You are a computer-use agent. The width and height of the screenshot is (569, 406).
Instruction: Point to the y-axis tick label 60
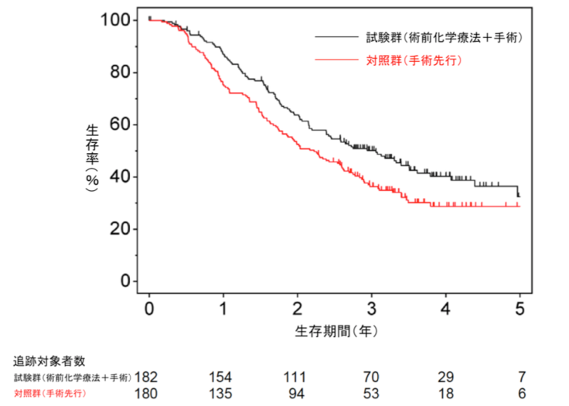coord(121,125)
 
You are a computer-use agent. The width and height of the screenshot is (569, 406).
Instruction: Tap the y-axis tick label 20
coord(121,230)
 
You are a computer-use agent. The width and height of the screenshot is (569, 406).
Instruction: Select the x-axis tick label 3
coord(371,308)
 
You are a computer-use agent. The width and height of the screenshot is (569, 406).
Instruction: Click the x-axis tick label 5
coord(520,308)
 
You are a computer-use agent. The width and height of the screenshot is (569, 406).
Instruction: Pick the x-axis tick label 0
coord(149,308)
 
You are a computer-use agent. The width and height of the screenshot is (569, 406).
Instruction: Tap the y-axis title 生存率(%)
coord(94,151)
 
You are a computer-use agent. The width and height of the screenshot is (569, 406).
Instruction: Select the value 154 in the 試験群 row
coord(220,377)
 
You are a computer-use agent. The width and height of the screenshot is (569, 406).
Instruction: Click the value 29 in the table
coord(446,377)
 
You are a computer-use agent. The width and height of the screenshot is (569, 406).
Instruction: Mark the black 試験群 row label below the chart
coord(72,377)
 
